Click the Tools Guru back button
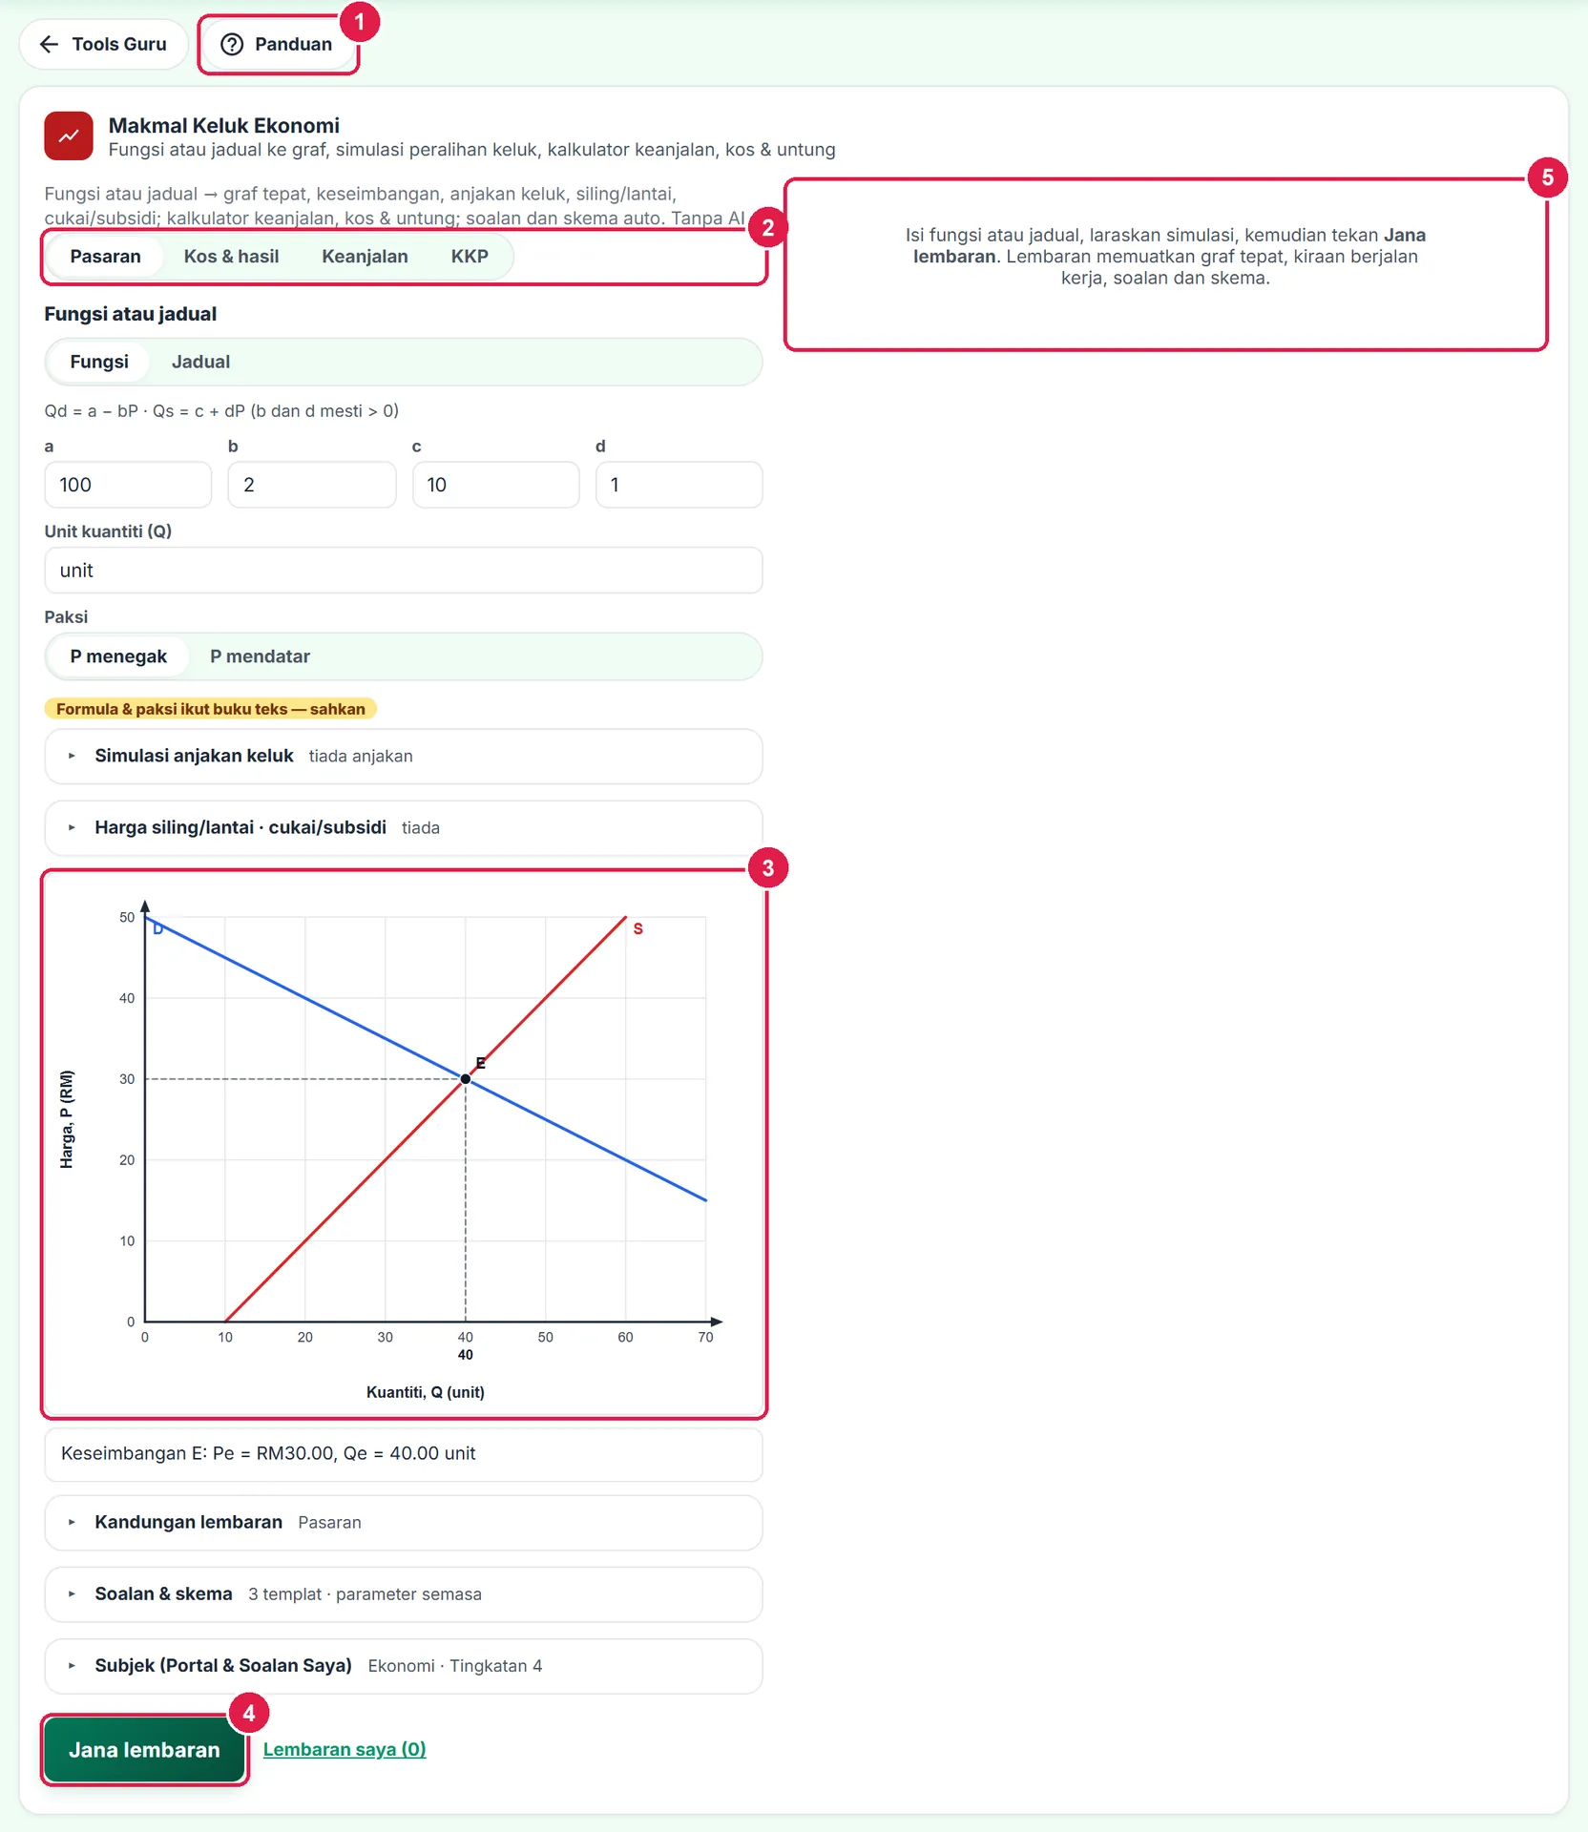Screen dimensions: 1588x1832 tap(103, 44)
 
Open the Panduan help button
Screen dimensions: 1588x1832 tap(278, 44)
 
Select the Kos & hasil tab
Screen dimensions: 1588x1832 tap(231, 257)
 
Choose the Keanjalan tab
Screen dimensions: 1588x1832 tap(365, 257)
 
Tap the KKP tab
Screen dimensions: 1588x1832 tap(470, 257)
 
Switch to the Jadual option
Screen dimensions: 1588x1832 tap(200, 362)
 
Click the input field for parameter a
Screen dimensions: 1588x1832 tap(128, 485)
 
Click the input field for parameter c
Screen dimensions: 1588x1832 tap(495, 485)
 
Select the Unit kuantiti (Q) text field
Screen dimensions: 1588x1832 tap(404, 571)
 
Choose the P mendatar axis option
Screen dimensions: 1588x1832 tap(260, 656)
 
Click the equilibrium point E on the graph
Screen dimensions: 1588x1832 tap(466, 1079)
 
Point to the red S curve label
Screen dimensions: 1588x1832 tap(638, 928)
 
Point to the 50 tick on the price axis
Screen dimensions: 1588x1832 tap(127, 917)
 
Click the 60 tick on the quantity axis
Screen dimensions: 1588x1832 tap(625, 1337)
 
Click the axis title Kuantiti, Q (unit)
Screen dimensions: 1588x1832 tap(426, 1392)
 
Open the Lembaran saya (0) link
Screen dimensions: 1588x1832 tap(345, 1749)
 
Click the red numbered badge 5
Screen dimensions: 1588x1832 tap(1547, 177)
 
